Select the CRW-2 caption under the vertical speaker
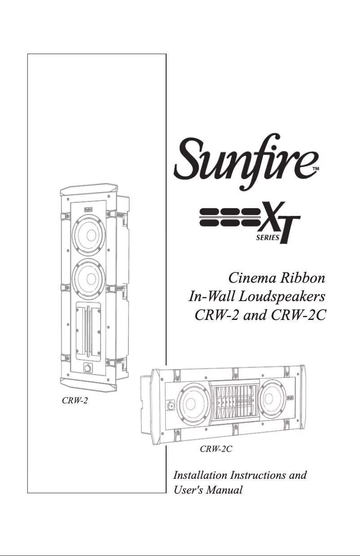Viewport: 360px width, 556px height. tap(74, 400)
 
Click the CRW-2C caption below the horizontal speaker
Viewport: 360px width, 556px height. tap(215, 448)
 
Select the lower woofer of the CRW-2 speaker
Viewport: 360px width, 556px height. tap(88, 277)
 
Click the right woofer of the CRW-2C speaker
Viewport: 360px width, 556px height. tap(273, 398)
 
